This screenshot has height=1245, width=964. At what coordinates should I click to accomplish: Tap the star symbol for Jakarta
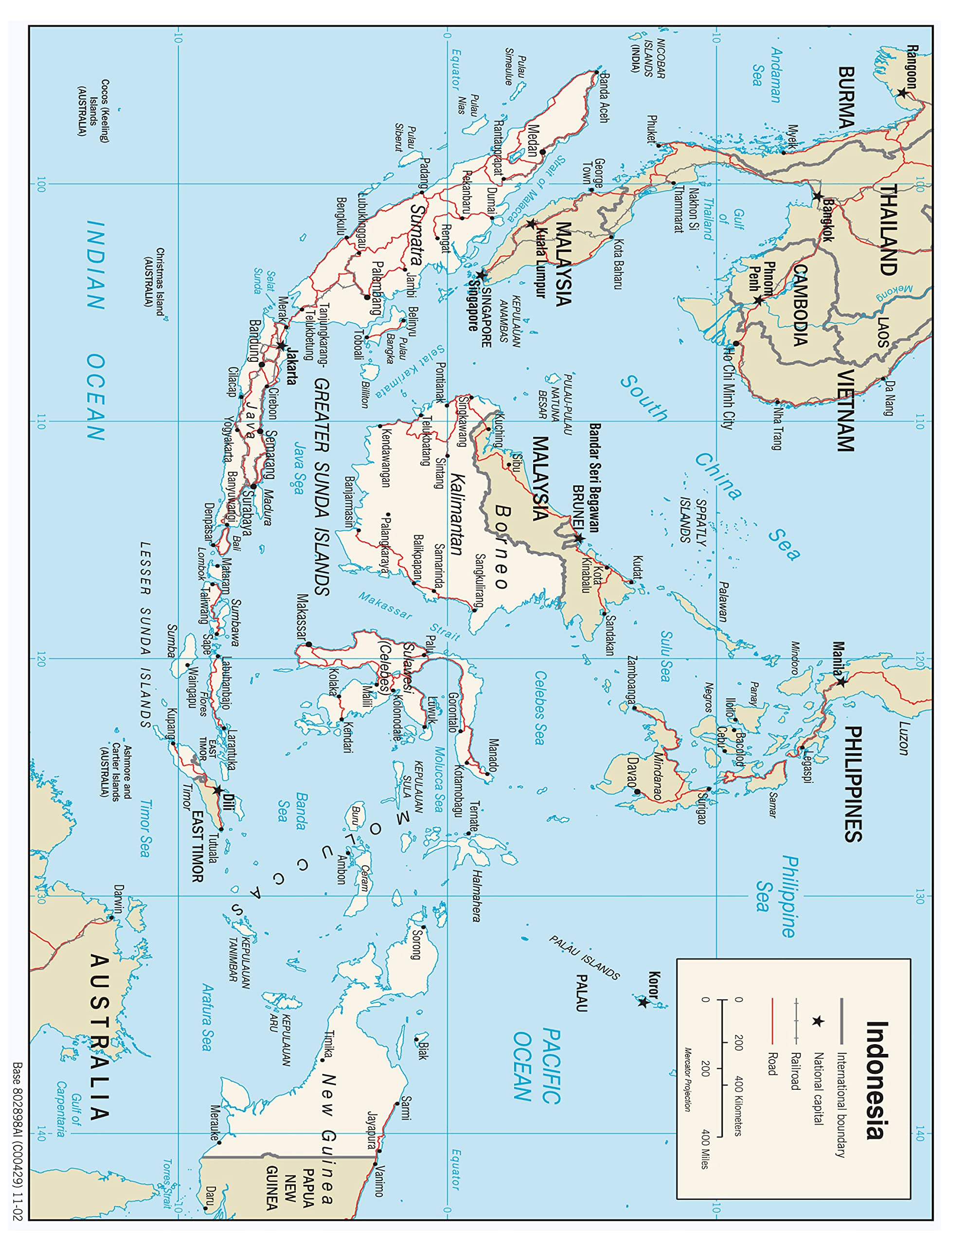(x=282, y=345)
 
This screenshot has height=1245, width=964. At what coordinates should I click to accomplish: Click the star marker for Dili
(x=217, y=791)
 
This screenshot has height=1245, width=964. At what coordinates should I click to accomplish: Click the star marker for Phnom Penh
(x=758, y=301)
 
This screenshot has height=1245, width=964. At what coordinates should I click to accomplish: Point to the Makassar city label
(x=302, y=617)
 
